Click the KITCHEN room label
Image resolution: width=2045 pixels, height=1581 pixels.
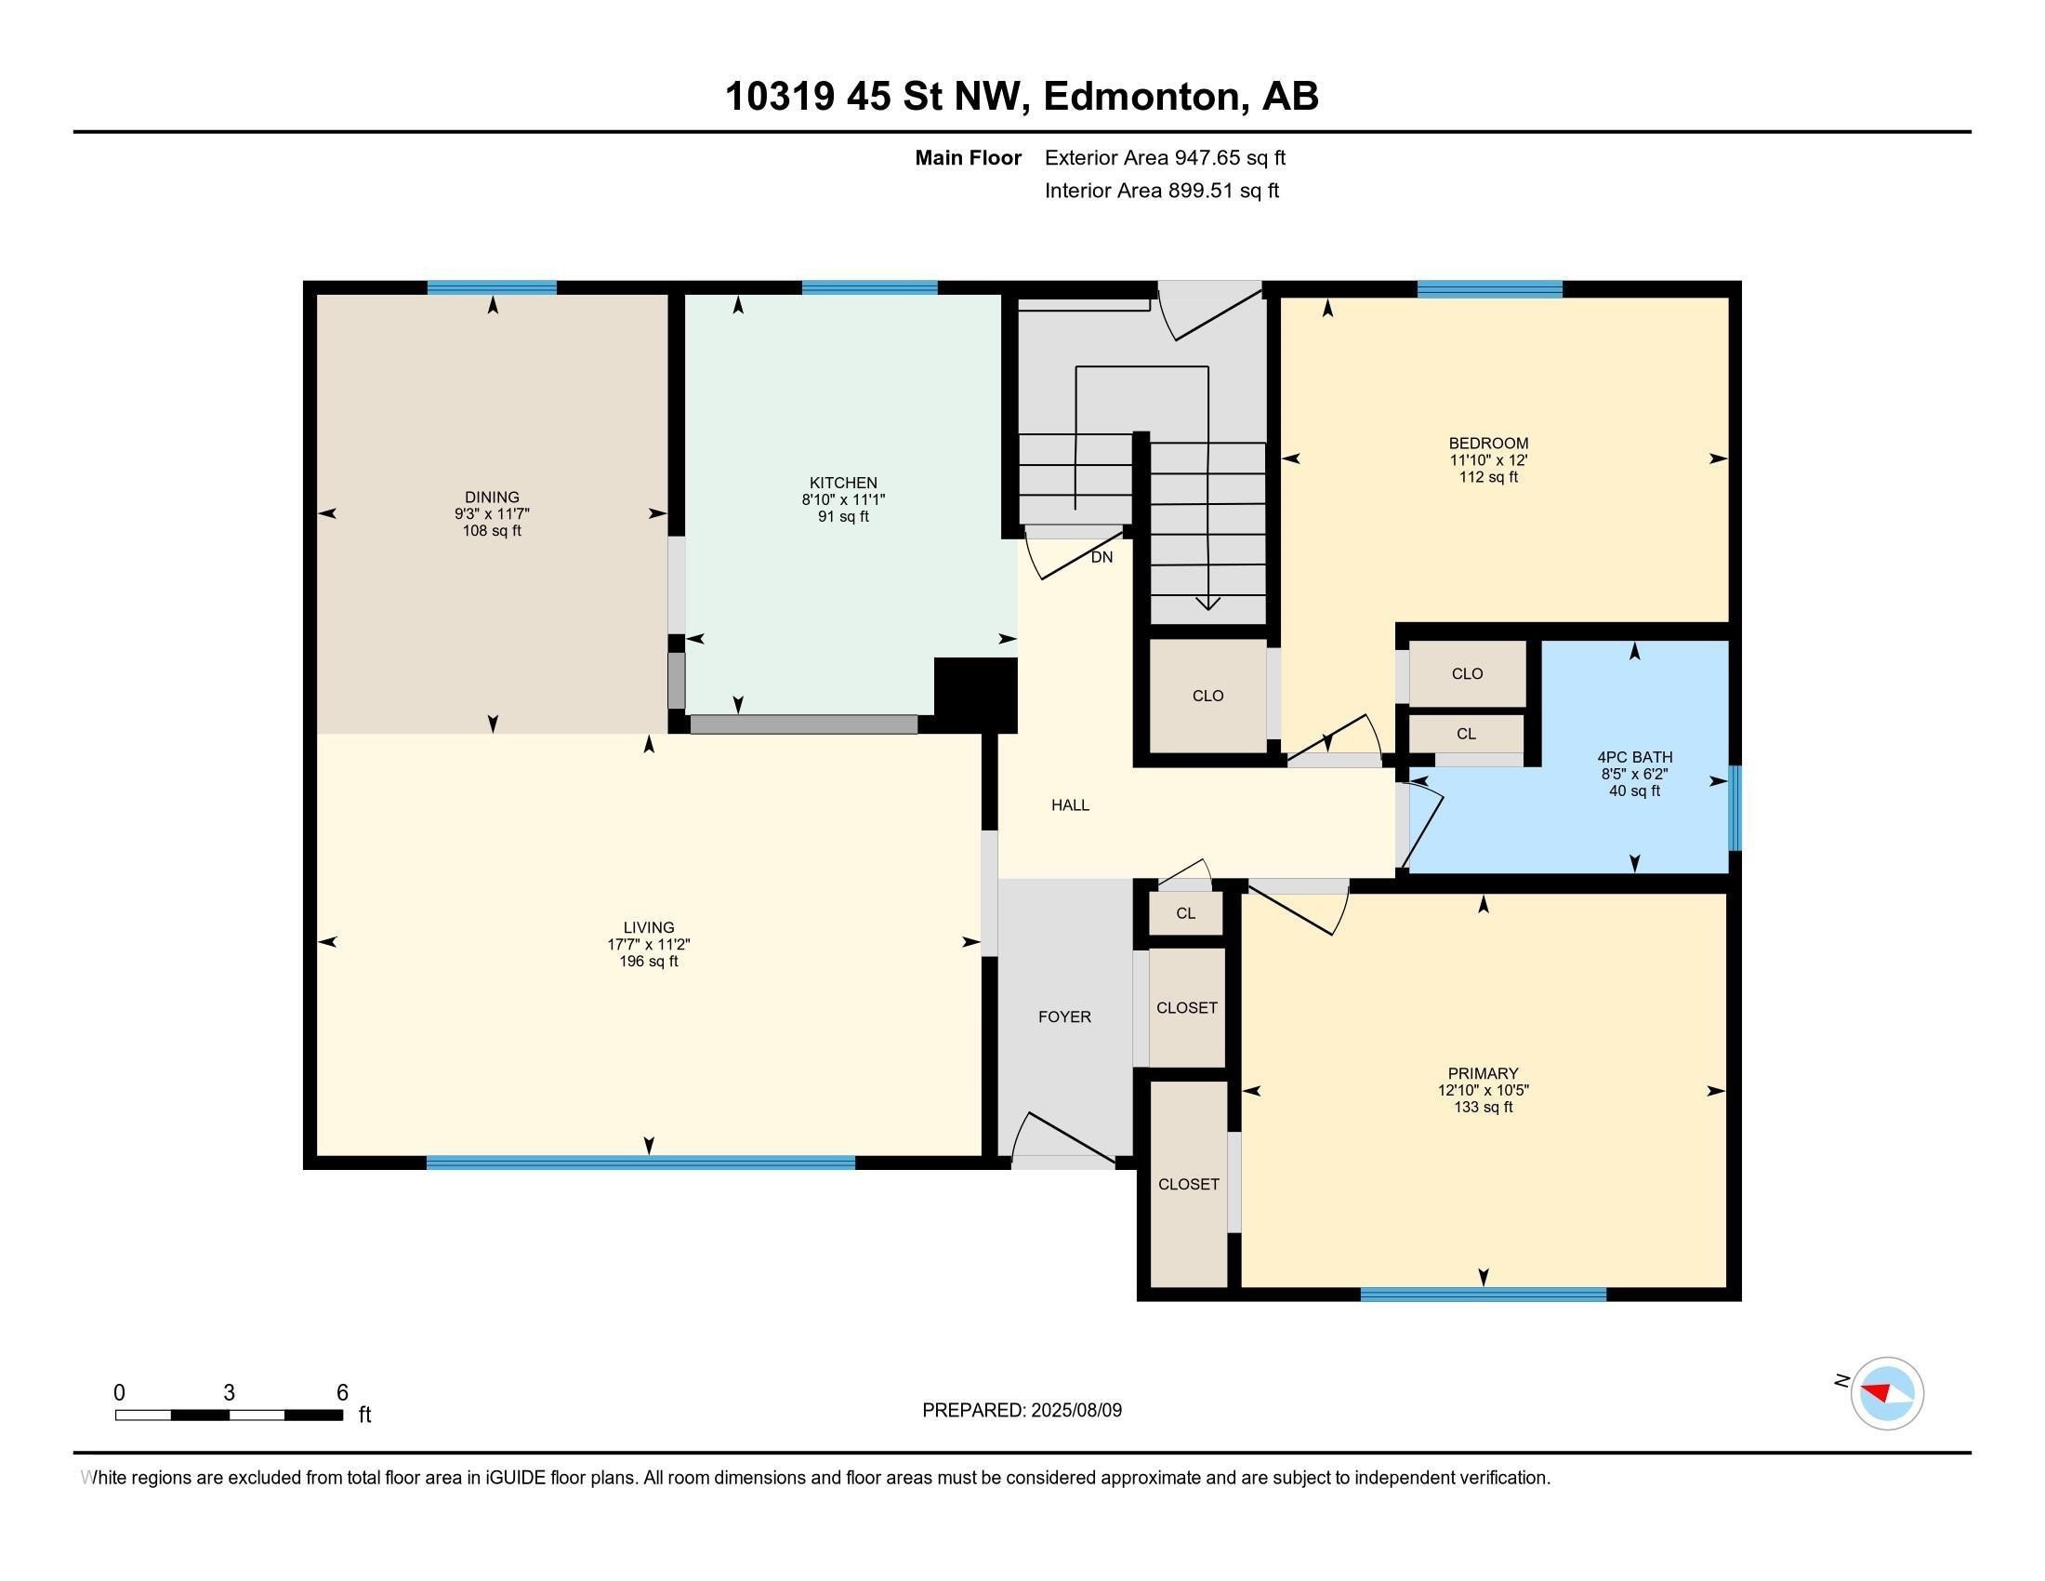pos(843,483)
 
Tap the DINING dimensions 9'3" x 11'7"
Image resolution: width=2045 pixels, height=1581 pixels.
pos(492,514)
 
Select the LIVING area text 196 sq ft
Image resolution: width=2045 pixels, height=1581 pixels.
pos(648,961)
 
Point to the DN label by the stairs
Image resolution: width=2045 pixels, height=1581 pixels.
pos(1102,557)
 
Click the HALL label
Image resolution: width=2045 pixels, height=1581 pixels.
pos(1069,804)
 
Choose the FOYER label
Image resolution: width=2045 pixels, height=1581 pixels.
pos(1064,1016)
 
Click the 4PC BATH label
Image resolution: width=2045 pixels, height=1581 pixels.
pos(1634,757)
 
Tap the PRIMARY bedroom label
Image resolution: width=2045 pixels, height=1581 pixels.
pos(1483,1073)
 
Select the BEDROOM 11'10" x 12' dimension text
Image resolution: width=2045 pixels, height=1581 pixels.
pos(1488,459)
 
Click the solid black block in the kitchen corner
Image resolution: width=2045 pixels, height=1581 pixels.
pos(976,694)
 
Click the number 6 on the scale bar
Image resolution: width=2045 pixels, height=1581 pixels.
pos(343,1393)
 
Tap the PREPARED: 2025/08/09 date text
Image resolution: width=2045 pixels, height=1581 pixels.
pos(1022,1411)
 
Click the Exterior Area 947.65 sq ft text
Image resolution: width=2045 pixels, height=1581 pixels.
pos(1165,157)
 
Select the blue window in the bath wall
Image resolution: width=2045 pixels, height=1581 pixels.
pos(1735,807)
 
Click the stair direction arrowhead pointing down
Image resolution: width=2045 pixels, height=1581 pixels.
pos(1207,604)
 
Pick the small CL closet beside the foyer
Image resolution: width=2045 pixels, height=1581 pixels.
pos(1185,913)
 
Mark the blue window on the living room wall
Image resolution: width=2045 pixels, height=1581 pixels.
pos(640,1162)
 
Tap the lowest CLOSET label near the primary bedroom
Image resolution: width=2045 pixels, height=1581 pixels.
pos(1188,1184)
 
